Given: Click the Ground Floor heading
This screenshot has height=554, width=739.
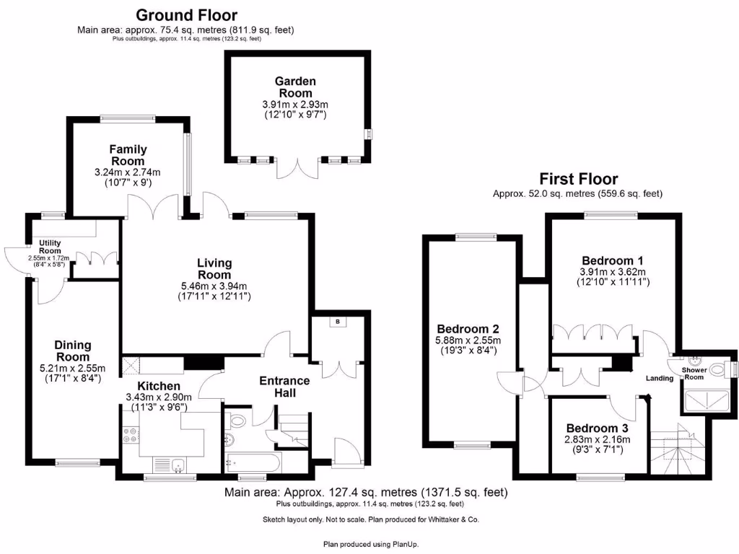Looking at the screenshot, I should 186,14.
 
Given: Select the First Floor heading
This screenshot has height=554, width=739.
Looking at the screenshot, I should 579,179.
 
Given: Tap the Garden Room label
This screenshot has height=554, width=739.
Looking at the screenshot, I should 295,87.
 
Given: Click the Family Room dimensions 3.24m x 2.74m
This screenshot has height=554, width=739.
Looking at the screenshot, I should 128,172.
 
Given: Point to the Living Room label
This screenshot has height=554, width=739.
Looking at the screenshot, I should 214,269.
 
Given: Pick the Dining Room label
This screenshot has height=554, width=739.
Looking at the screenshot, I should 73,351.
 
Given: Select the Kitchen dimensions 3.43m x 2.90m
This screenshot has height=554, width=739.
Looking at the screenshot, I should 159,397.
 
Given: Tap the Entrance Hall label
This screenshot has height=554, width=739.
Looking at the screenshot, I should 284,386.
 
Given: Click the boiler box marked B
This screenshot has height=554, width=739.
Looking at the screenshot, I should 338,322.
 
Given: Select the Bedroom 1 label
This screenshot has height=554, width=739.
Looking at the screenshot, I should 613,260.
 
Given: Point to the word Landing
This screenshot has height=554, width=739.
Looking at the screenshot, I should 660,378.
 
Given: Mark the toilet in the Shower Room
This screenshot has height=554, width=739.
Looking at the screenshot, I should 717,369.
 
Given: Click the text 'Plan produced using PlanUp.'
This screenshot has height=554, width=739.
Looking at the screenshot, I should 370,544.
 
